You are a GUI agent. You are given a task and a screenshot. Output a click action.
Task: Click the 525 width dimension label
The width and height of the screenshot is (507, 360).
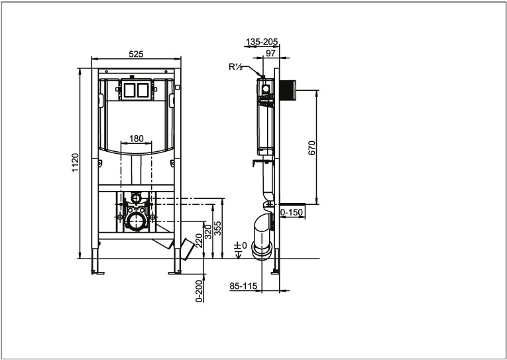(136, 54)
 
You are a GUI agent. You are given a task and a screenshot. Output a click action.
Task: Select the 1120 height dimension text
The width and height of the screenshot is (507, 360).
(75, 162)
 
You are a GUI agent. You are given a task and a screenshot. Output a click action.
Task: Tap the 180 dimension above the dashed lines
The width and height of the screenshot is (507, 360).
(136, 139)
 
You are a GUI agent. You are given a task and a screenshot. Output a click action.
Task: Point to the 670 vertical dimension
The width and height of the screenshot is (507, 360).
(311, 148)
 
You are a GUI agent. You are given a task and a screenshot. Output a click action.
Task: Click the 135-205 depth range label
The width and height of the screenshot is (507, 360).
(262, 42)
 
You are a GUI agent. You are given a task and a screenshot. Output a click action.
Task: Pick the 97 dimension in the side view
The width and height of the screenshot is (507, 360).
(270, 53)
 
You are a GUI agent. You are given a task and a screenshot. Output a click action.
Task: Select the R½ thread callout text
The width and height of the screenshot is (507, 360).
(236, 67)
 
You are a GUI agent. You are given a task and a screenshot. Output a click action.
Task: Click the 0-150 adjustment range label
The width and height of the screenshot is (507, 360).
(292, 212)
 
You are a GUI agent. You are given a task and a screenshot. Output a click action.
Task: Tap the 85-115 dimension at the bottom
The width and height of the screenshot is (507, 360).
(243, 286)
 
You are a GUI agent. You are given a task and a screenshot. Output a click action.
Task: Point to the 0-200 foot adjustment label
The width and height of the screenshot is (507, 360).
(199, 291)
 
